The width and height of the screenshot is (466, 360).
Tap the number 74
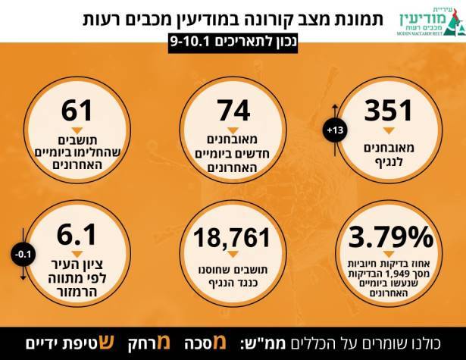point(233,112)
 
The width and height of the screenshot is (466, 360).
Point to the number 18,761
point(233,237)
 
